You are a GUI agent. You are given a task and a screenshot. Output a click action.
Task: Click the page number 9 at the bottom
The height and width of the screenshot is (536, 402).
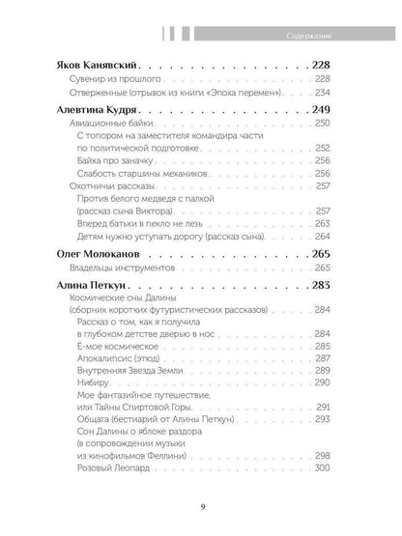tap(200, 510)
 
